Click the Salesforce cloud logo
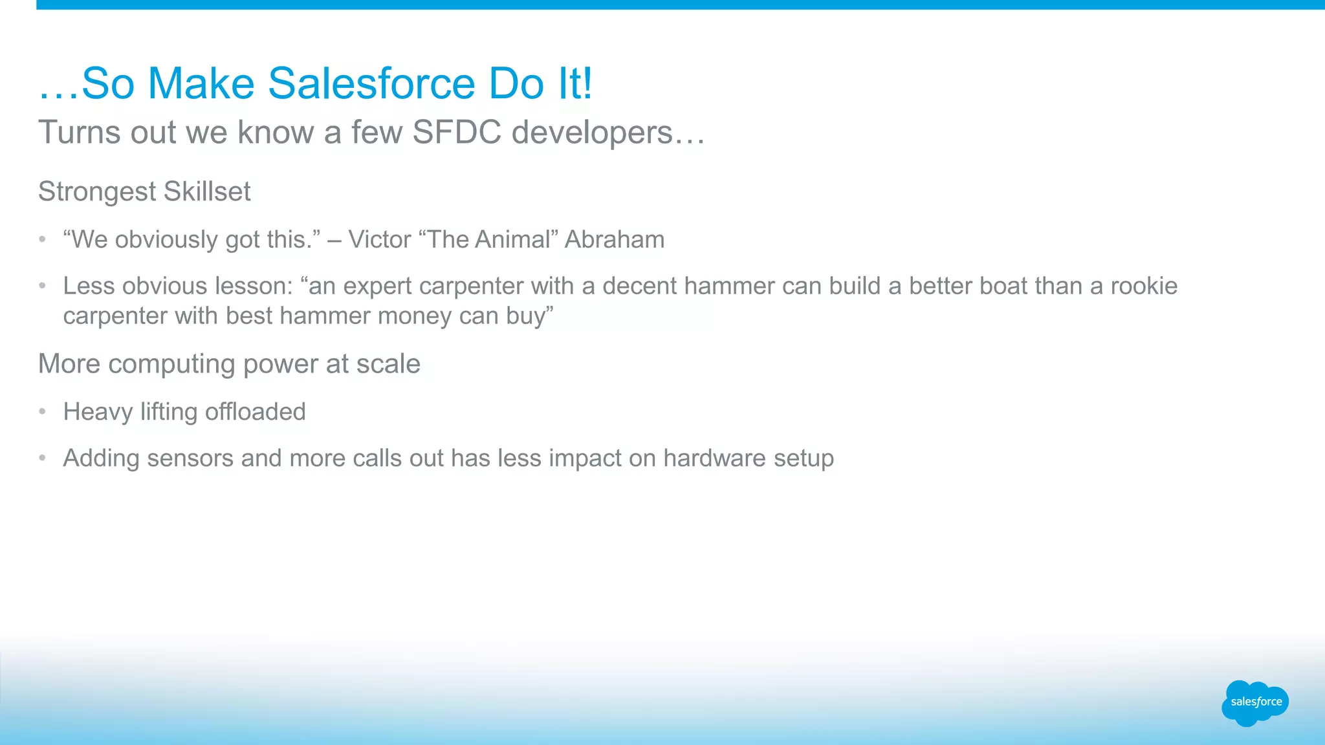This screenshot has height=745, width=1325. pyautogui.click(x=1254, y=702)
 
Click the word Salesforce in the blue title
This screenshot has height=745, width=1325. pyautogui.click(x=371, y=84)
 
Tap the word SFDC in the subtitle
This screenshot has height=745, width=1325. pyautogui.click(x=456, y=133)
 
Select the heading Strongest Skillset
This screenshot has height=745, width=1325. pyautogui.click(x=144, y=192)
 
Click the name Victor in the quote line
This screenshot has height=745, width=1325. pyautogui.click(x=379, y=240)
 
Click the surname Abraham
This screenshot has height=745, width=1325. pyautogui.click(x=614, y=240)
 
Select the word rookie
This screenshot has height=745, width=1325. pyautogui.click(x=1144, y=286)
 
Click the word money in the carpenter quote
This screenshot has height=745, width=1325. pyautogui.click(x=414, y=316)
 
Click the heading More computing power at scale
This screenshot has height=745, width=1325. pyautogui.click(x=229, y=364)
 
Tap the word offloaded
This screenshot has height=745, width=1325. pyautogui.click(x=255, y=412)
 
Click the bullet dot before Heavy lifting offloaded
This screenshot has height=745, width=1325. pyautogui.click(x=42, y=411)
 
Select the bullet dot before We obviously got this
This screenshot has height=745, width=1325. pyautogui.click(x=42, y=239)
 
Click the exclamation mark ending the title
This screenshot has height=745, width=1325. pyautogui.click(x=586, y=84)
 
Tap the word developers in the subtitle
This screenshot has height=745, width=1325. pyautogui.click(x=592, y=133)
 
